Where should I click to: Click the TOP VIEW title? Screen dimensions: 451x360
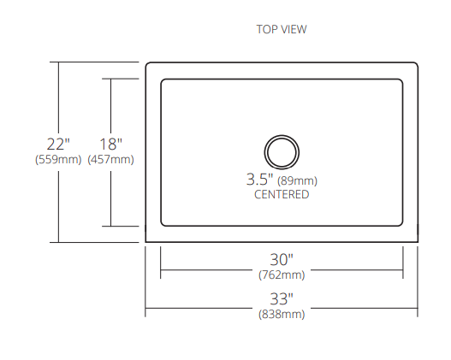coord(282,29)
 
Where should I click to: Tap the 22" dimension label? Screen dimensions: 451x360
coord(58,145)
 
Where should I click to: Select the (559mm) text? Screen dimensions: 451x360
coord(58,159)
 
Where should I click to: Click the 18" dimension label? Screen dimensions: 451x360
coord(110,145)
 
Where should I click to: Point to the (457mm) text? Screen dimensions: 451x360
coord(110,159)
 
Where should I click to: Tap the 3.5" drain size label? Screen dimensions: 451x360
coord(259,180)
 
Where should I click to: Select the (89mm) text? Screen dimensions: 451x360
coord(297,181)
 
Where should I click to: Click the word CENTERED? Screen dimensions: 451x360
coord(282,194)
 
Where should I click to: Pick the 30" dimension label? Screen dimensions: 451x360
coord(282,260)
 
